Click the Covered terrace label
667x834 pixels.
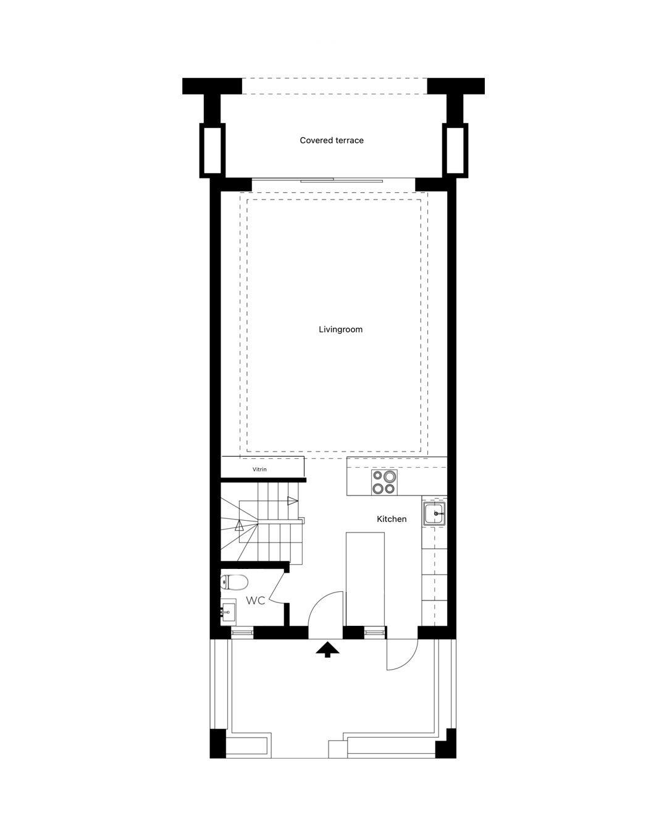point(332,140)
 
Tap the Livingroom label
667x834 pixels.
point(340,329)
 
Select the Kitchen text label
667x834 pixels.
point(392,519)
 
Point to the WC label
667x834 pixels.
point(256,601)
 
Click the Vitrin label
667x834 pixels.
point(259,470)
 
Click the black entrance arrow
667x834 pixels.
point(327,649)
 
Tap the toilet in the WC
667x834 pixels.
point(234,582)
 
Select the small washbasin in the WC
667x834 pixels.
point(228,612)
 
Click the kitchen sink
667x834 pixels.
point(434,513)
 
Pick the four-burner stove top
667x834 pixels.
point(385,482)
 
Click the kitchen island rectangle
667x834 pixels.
point(365,579)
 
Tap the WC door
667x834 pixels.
point(277,587)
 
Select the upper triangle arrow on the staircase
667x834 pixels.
point(292,501)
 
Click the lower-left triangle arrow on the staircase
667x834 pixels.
point(239,526)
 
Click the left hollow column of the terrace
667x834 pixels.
point(212,150)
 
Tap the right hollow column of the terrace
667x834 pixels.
point(455,150)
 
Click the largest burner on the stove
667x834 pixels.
point(390,476)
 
